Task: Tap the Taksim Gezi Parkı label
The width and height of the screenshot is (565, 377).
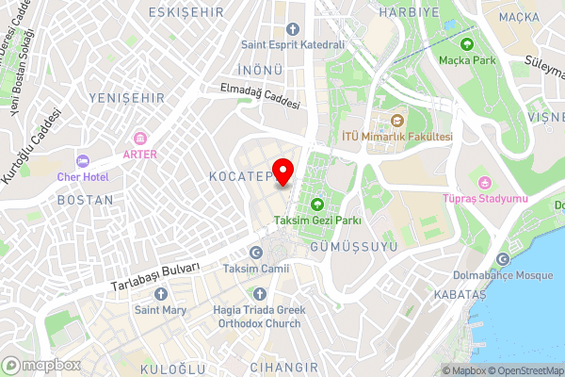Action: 317,221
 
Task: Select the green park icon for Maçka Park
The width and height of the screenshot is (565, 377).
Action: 466,43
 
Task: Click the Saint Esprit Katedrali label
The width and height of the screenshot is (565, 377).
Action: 292,43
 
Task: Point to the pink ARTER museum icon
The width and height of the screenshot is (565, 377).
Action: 140,139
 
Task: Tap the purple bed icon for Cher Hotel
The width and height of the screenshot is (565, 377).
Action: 83,160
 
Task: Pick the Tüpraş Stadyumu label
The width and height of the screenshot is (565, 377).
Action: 485,198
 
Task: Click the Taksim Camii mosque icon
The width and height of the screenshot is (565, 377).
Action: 256,253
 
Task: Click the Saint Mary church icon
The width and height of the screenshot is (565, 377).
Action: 158,292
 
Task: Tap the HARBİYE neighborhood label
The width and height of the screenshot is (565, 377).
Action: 409,13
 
